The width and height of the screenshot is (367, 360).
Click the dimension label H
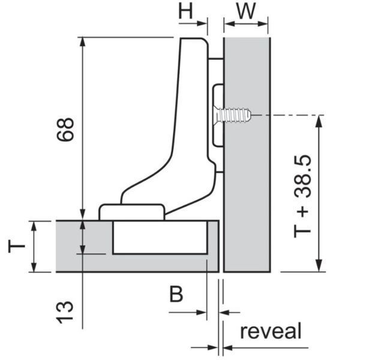pyautogui.click(x=186, y=11)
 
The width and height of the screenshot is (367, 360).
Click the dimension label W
pyautogui.click(x=246, y=11)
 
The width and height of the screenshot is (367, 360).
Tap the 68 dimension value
pyautogui.click(x=66, y=129)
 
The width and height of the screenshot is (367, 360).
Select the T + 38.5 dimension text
pyautogui.click(x=303, y=196)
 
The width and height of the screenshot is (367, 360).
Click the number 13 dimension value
pyautogui.click(x=65, y=312)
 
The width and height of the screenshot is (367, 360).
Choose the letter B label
pyautogui.click(x=176, y=294)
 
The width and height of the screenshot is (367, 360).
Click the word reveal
pyautogui.click(x=271, y=331)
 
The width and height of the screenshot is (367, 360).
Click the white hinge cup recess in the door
pyautogui.click(x=160, y=238)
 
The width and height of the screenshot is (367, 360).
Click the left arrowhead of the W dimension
pyautogui.click(x=229, y=23)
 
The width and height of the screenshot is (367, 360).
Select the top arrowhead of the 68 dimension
pyautogui.click(x=82, y=42)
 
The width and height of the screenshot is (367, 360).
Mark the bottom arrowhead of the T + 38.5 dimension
pyautogui.click(x=318, y=266)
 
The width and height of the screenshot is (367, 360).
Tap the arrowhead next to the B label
pyautogui.click(x=201, y=312)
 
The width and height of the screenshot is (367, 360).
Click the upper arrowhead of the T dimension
pyautogui.click(x=34, y=226)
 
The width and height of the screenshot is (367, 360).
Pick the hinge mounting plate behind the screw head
pyautogui.click(x=217, y=115)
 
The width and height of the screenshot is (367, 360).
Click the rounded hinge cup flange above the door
pyautogui.click(x=131, y=212)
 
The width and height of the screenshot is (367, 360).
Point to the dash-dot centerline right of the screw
pyautogui.click(x=288, y=115)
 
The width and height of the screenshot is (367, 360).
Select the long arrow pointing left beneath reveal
pyautogui.click(x=264, y=348)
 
